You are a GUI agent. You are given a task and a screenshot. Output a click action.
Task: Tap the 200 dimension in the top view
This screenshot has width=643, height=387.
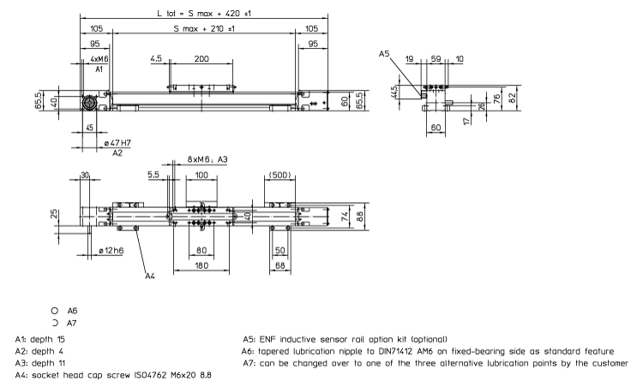(x=201, y=60)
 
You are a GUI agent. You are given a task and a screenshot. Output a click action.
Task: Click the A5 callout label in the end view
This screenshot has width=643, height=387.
(x=385, y=53)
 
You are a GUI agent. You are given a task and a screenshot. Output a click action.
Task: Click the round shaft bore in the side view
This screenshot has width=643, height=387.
(x=88, y=102)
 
